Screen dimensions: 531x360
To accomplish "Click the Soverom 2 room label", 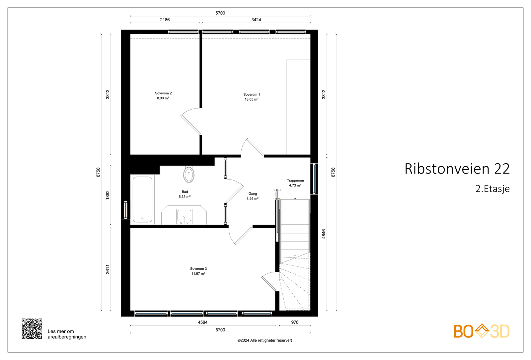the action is (x=163, y=93).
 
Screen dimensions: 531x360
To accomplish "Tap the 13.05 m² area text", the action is (x=251, y=99).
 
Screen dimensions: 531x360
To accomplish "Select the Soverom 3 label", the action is (x=198, y=268).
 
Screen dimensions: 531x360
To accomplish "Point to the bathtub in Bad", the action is (x=142, y=199).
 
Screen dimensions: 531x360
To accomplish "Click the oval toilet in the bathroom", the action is (x=189, y=175).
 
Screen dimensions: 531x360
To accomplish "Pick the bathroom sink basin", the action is (x=184, y=216).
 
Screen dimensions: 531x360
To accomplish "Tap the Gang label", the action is (x=253, y=194).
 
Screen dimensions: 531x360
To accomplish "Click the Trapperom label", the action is (x=295, y=180).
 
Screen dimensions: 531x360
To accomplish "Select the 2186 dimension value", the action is (x=165, y=20).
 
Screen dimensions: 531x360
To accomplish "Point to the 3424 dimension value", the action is (x=256, y=20).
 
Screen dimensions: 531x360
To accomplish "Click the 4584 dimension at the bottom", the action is (x=203, y=322).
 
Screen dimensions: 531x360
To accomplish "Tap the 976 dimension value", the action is (x=295, y=322).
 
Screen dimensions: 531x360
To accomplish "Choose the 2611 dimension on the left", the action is (x=108, y=269).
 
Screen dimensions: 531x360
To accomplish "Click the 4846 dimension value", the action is (x=324, y=234).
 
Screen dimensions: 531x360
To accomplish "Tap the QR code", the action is (x=32, y=329).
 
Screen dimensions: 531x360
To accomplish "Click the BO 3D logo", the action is (x=482, y=331).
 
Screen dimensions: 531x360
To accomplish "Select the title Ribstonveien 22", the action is (x=457, y=169).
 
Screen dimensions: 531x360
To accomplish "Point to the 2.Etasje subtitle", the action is (x=493, y=189).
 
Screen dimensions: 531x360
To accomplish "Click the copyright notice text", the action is (x=265, y=340).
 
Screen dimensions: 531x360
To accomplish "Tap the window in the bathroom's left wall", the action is (x=126, y=210).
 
